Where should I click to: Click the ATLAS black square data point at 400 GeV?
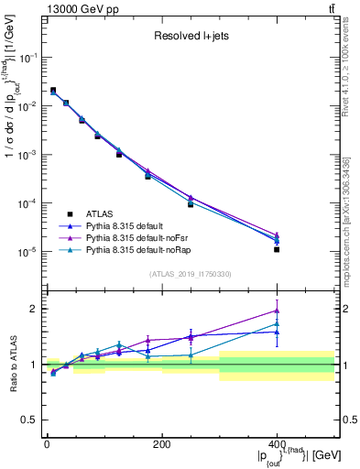pos(277,249)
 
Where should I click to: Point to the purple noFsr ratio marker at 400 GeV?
pos(277,311)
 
